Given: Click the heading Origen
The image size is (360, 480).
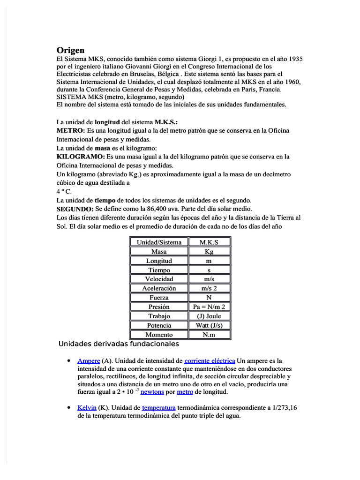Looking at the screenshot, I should pos(70,50).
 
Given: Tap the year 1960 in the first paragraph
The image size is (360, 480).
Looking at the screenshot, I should pos(292,82).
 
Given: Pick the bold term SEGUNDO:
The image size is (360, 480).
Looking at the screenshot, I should pos(75,209).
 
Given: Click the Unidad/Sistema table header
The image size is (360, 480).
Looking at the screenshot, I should pos(159,242).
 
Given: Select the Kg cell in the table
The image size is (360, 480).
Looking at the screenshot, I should pos(209,252).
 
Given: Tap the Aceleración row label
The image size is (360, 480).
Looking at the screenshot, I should pos(159,288).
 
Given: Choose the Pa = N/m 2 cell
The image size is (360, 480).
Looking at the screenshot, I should pos(209,307).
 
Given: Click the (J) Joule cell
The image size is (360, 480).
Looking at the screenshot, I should pos(209,316).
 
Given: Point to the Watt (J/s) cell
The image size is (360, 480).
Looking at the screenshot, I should pos(209,325).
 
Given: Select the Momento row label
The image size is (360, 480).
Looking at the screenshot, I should pos(159,335).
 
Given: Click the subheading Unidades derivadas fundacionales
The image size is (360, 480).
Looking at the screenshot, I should pos(119,344).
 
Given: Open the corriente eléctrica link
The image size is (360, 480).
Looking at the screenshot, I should pos(210,361).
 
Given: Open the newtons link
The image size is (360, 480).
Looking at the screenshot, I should pos(152,392).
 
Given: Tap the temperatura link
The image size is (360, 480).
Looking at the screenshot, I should pos(158,408).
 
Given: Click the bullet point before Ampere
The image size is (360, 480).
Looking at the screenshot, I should pos(69,361).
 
